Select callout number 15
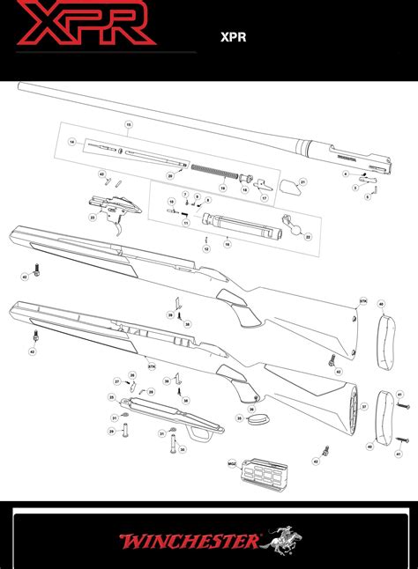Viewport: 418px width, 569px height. [x=128, y=126]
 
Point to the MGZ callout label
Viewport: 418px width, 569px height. [x=231, y=462]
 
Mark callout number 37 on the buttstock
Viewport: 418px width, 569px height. [x=364, y=407]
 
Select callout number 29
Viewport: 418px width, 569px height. [x=112, y=431]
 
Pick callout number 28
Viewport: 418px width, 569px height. [x=151, y=391]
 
